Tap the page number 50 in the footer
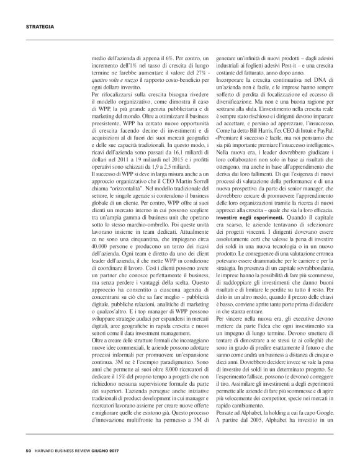tap(29, 451)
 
